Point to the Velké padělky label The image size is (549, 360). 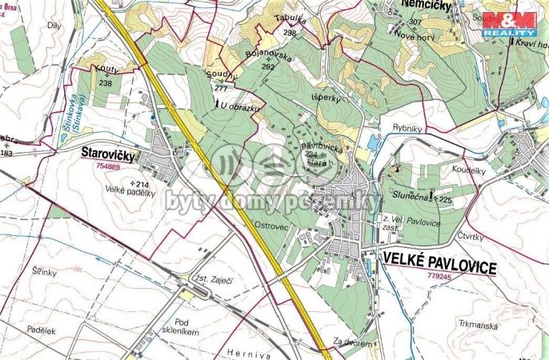129,190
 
